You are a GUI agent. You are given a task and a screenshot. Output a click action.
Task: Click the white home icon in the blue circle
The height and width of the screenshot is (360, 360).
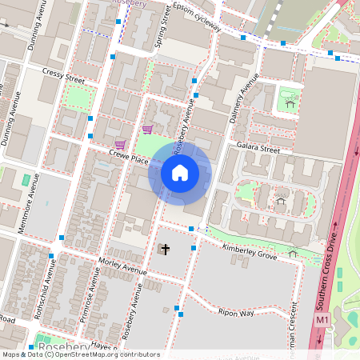coord(180,172)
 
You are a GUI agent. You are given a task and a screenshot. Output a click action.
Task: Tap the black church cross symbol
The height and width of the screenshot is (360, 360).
coord(166,250)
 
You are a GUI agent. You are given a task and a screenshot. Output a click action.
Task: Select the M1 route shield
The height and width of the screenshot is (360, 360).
coord(322,320)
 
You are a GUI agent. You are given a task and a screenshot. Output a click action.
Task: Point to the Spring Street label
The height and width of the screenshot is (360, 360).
coord(163,26)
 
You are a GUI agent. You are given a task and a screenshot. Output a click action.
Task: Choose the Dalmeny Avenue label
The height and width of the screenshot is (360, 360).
coord(241,102)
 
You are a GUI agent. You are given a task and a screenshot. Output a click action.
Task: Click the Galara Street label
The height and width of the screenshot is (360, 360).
coord(258,148)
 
